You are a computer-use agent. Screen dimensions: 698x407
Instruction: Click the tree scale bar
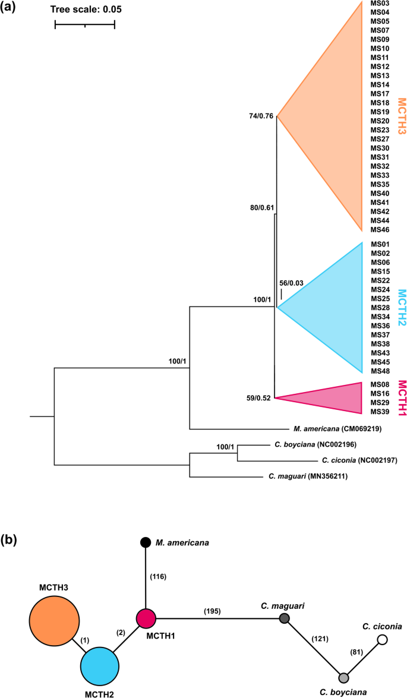(x=84, y=25)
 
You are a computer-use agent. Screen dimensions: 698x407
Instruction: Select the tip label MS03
(x=380, y=4)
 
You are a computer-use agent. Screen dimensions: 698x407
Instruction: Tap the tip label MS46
(x=380, y=229)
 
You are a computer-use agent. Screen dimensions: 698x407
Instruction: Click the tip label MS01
(x=380, y=245)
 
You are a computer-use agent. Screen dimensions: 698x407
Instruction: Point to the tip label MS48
(x=380, y=371)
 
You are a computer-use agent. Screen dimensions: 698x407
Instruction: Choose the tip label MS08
(x=380, y=385)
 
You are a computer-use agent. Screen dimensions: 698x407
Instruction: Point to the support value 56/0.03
(x=291, y=283)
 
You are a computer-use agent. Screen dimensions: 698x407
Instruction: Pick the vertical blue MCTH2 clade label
(x=402, y=308)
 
